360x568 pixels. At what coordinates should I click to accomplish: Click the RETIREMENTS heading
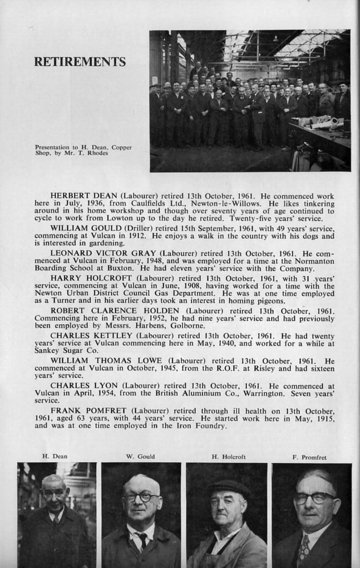pos(80,62)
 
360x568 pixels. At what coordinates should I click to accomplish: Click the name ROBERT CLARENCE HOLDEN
pos(116,310)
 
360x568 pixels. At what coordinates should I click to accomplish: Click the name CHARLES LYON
pos(77,385)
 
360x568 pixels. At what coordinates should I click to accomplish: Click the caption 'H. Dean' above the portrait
pos(55,457)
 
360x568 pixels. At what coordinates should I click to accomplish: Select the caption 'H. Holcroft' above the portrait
pos(228,457)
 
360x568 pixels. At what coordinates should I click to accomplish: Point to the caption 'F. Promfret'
pos(309,457)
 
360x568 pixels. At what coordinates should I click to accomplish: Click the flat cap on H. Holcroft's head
pos(228,488)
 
